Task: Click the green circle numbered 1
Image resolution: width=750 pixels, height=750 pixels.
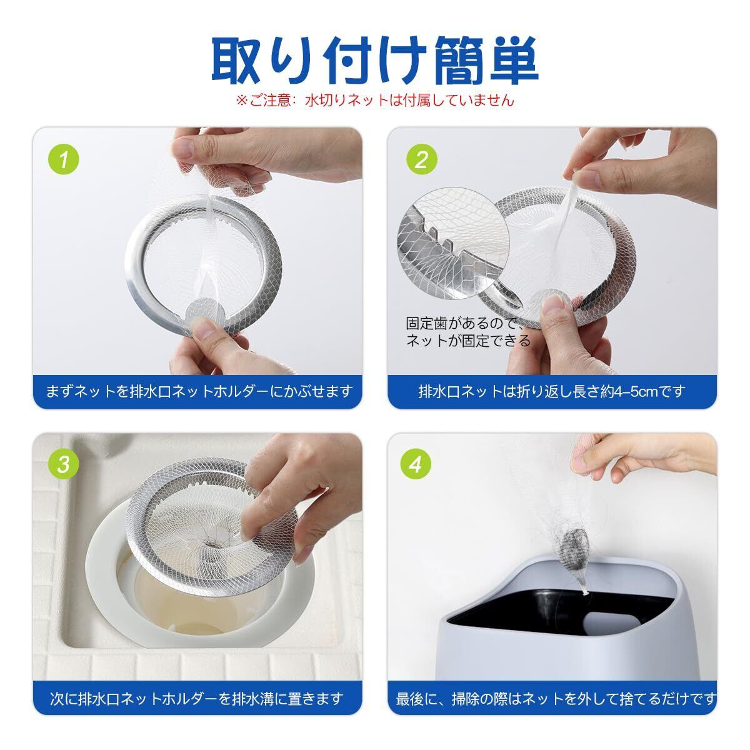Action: point(64,159)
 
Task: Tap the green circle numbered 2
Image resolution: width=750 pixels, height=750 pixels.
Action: point(421,159)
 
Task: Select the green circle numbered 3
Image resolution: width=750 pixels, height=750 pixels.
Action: point(64,464)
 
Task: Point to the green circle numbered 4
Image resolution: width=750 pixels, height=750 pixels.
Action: point(416,464)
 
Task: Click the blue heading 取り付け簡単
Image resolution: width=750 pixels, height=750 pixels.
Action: point(375,61)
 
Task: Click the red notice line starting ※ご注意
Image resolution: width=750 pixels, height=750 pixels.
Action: point(375,101)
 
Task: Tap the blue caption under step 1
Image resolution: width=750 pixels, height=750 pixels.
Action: point(199,391)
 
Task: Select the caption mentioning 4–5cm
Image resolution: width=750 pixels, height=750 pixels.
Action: point(552,391)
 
